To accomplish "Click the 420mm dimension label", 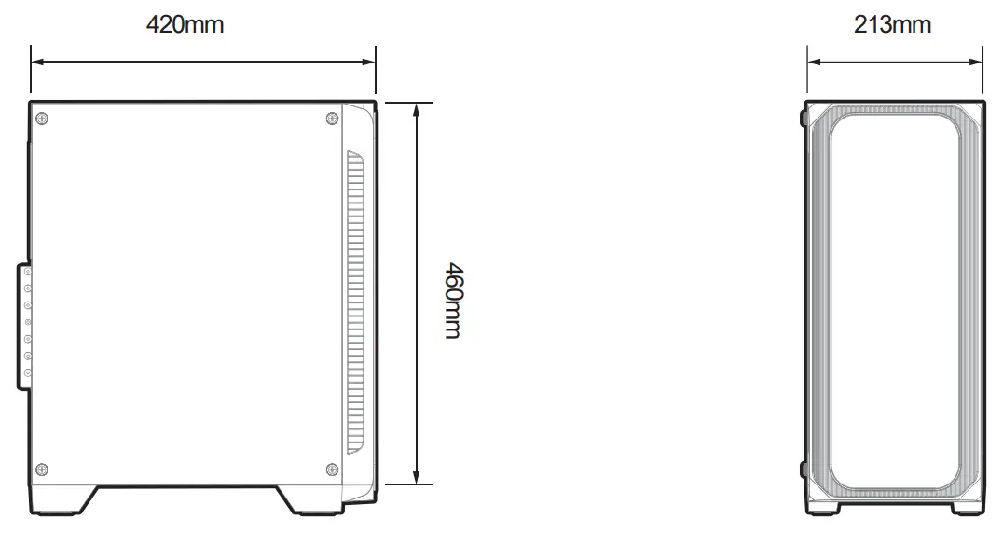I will pyautogui.click(x=185, y=24).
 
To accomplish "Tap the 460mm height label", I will pyautogui.click(x=452, y=301).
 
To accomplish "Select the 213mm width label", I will pyautogui.click(x=892, y=24).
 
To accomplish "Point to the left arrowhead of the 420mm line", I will pyautogui.click(x=37, y=63).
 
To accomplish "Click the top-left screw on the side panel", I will pyautogui.click(x=41, y=118).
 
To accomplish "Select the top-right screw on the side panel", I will pyautogui.click(x=333, y=118).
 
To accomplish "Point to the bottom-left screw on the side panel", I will pyautogui.click(x=41, y=469).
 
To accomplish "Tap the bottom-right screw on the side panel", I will pyautogui.click(x=333, y=469).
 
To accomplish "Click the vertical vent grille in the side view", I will pyautogui.click(x=355, y=299).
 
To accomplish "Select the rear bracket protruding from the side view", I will pyautogui.click(x=24, y=325).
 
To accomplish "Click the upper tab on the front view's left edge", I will pyautogui.click(x=804, y=119).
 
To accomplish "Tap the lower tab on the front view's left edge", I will pyautogui.click(x=804, y=469).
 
